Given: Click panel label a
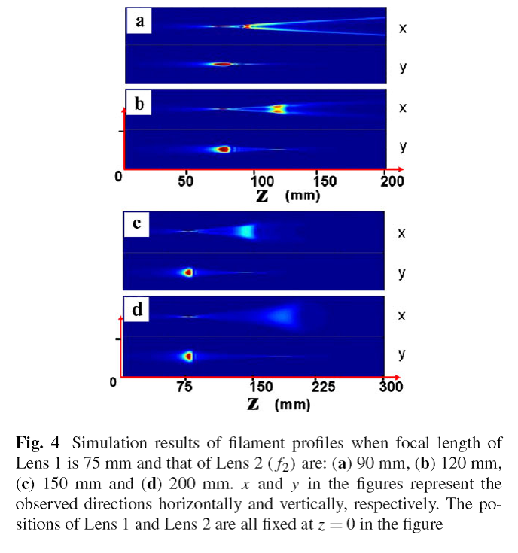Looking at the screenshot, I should (139, 22).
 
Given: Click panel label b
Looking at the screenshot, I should (139, 104).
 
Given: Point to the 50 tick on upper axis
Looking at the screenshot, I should (187, 181).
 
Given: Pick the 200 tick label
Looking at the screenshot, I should (392, 181).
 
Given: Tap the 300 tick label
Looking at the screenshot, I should (391, 387).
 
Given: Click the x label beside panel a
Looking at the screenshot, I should (403, 28).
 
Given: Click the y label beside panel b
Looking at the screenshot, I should (404, 147).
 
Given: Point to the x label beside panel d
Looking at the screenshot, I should (402, 316).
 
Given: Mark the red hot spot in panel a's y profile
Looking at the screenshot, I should (224, 65).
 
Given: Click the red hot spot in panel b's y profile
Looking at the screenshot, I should (223, 149).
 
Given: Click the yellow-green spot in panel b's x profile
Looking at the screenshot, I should (279, 109).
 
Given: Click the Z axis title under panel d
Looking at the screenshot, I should (254, 405).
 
